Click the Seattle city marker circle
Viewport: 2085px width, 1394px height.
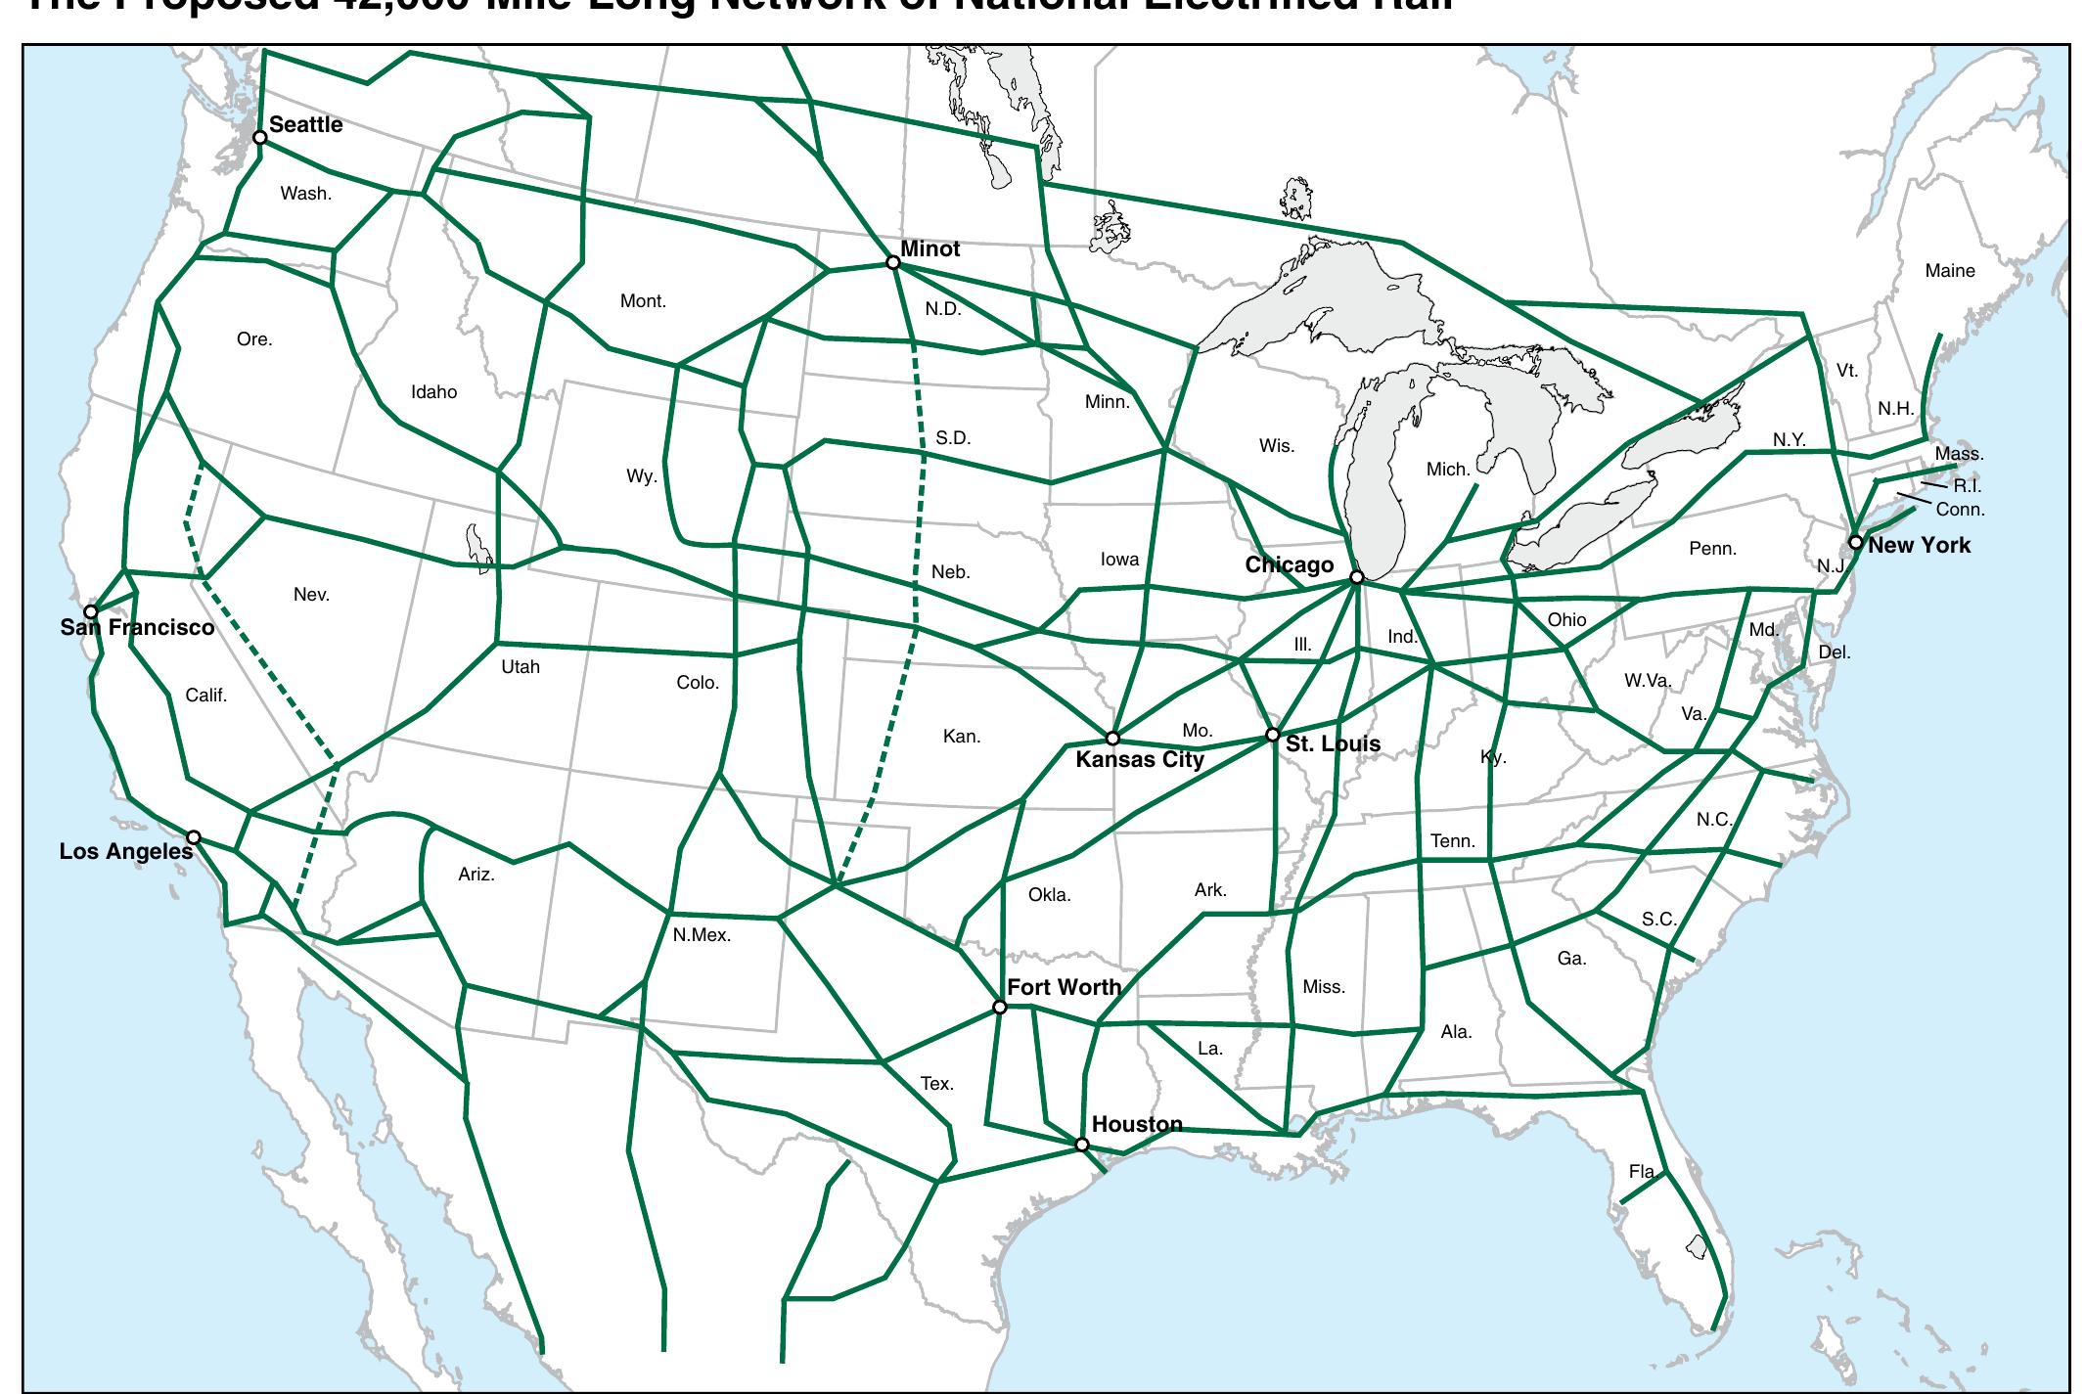point(259,137)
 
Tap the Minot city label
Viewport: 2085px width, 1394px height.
point(929,248)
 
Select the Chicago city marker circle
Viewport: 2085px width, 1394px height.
point(1356,577)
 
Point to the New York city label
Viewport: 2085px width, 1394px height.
point(1919,545)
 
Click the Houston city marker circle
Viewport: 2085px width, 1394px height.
point(1081,1145)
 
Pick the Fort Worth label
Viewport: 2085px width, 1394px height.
point(1064,987)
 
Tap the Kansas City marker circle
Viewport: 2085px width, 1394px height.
point(1111,739)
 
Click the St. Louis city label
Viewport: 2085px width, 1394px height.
point(1333,743)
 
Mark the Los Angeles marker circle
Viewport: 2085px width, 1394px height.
point(194,837)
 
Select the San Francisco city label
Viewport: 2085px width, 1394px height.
point(137,627)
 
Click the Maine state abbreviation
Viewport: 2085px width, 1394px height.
point(1949,271)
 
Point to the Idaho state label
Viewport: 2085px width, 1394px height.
point(433,392)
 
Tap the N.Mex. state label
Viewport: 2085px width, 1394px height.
point(702,935)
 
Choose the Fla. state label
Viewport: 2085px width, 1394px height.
point(1642,1171)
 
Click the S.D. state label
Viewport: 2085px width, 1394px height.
point(953,437)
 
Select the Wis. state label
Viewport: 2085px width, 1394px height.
point(1276,446)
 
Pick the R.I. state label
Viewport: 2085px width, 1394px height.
point(1967,486)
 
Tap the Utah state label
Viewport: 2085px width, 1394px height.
point(521,667)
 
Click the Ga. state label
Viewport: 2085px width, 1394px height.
point(1571,959)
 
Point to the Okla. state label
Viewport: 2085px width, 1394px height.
point(1049,894)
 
